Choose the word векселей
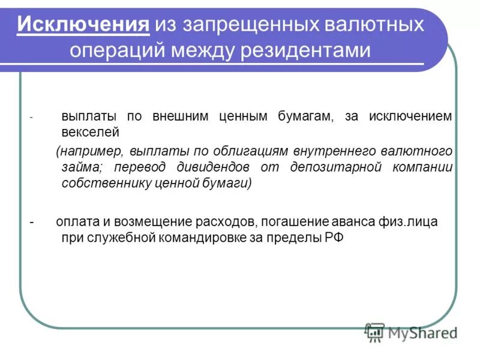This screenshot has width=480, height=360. (x=91, y=131)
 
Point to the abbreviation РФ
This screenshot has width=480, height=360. (x=334, y=238)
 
